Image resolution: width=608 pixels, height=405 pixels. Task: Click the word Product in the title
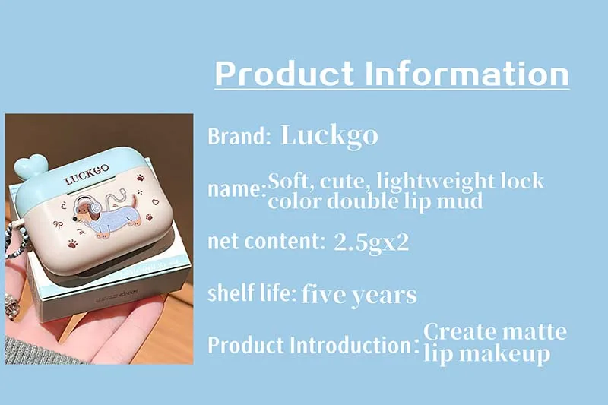[x=284, y=74]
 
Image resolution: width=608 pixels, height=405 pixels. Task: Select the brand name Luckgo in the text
[x=329, y=136]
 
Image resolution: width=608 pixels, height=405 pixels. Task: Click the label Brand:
[x=239, y=136]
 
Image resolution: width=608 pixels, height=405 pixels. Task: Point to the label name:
[x=237, y=189]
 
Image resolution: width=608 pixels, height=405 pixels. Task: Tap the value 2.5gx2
[x=371, y=243]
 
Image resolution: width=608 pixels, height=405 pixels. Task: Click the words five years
[x=359, y=295]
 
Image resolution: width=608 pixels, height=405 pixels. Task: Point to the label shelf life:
[x=252, y=293]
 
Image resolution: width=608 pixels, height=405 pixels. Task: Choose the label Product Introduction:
[x=313, y=345]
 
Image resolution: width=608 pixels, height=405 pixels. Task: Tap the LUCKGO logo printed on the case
[x=87, y=175]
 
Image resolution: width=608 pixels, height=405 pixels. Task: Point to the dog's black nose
[x=74, y=219]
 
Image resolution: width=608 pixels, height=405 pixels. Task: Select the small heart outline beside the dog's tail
[x=155, y=202]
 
